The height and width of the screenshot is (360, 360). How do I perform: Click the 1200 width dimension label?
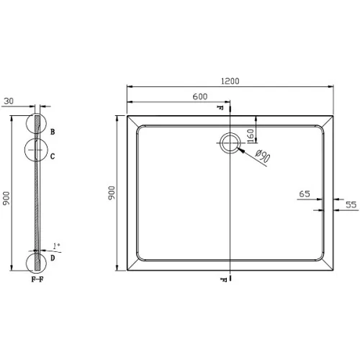(230, 81)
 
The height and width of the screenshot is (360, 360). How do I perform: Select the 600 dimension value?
(200, 96)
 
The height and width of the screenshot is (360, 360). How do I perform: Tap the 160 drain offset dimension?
(251, 136)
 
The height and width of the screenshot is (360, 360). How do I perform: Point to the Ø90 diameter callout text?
(263, 156)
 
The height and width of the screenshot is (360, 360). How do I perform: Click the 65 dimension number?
(305, 194)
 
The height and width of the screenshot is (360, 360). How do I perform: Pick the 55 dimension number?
(351, 204)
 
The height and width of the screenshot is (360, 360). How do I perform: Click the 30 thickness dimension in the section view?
(9, 101)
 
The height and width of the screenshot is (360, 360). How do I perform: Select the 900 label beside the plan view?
(112, 193)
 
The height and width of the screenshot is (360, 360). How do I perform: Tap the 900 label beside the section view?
(6, 198)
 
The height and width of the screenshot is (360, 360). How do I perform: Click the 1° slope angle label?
(57, 246)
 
